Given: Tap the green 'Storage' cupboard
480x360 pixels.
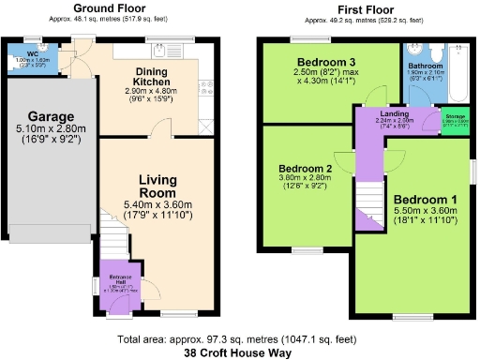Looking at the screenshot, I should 455,122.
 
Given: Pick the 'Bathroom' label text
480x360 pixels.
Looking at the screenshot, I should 425,66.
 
